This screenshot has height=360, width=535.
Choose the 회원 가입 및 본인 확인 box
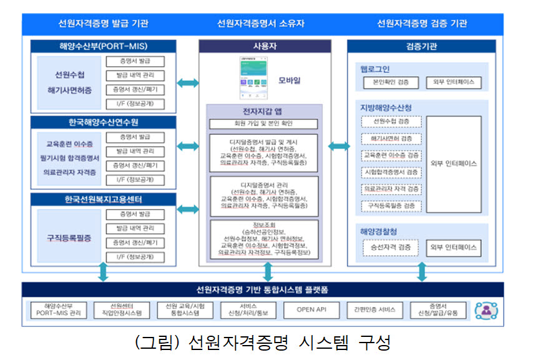263,124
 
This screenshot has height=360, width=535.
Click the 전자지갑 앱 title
263,111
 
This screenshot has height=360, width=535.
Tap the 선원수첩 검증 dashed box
391,121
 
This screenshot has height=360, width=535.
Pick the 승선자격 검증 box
391,247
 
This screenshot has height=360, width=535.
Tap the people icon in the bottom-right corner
485,309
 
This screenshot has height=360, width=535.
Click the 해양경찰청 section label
379,231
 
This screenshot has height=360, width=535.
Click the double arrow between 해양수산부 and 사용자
188,83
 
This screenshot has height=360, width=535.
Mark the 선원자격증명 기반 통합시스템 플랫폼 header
262,290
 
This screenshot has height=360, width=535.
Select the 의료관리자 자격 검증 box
391,188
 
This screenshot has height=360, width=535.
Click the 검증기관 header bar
421,46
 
